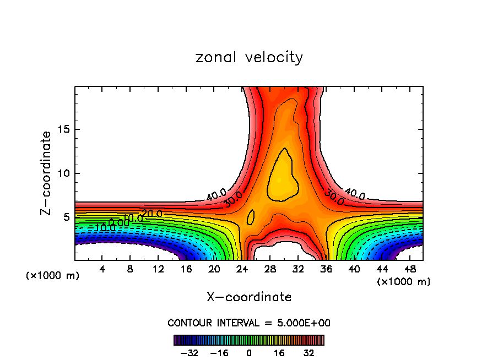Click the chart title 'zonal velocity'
(249, 57)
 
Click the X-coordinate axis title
(249, 297)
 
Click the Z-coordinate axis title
(46, 173)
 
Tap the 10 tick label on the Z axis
(65, 173)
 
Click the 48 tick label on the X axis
(409, 269)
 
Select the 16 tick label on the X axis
(186, 269)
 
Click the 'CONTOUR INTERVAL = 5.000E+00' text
(249, 323)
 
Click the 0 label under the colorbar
(249, 352)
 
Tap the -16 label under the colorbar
(219, 352)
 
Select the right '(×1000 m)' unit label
(404, 282)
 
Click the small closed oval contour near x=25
(251, 217)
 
